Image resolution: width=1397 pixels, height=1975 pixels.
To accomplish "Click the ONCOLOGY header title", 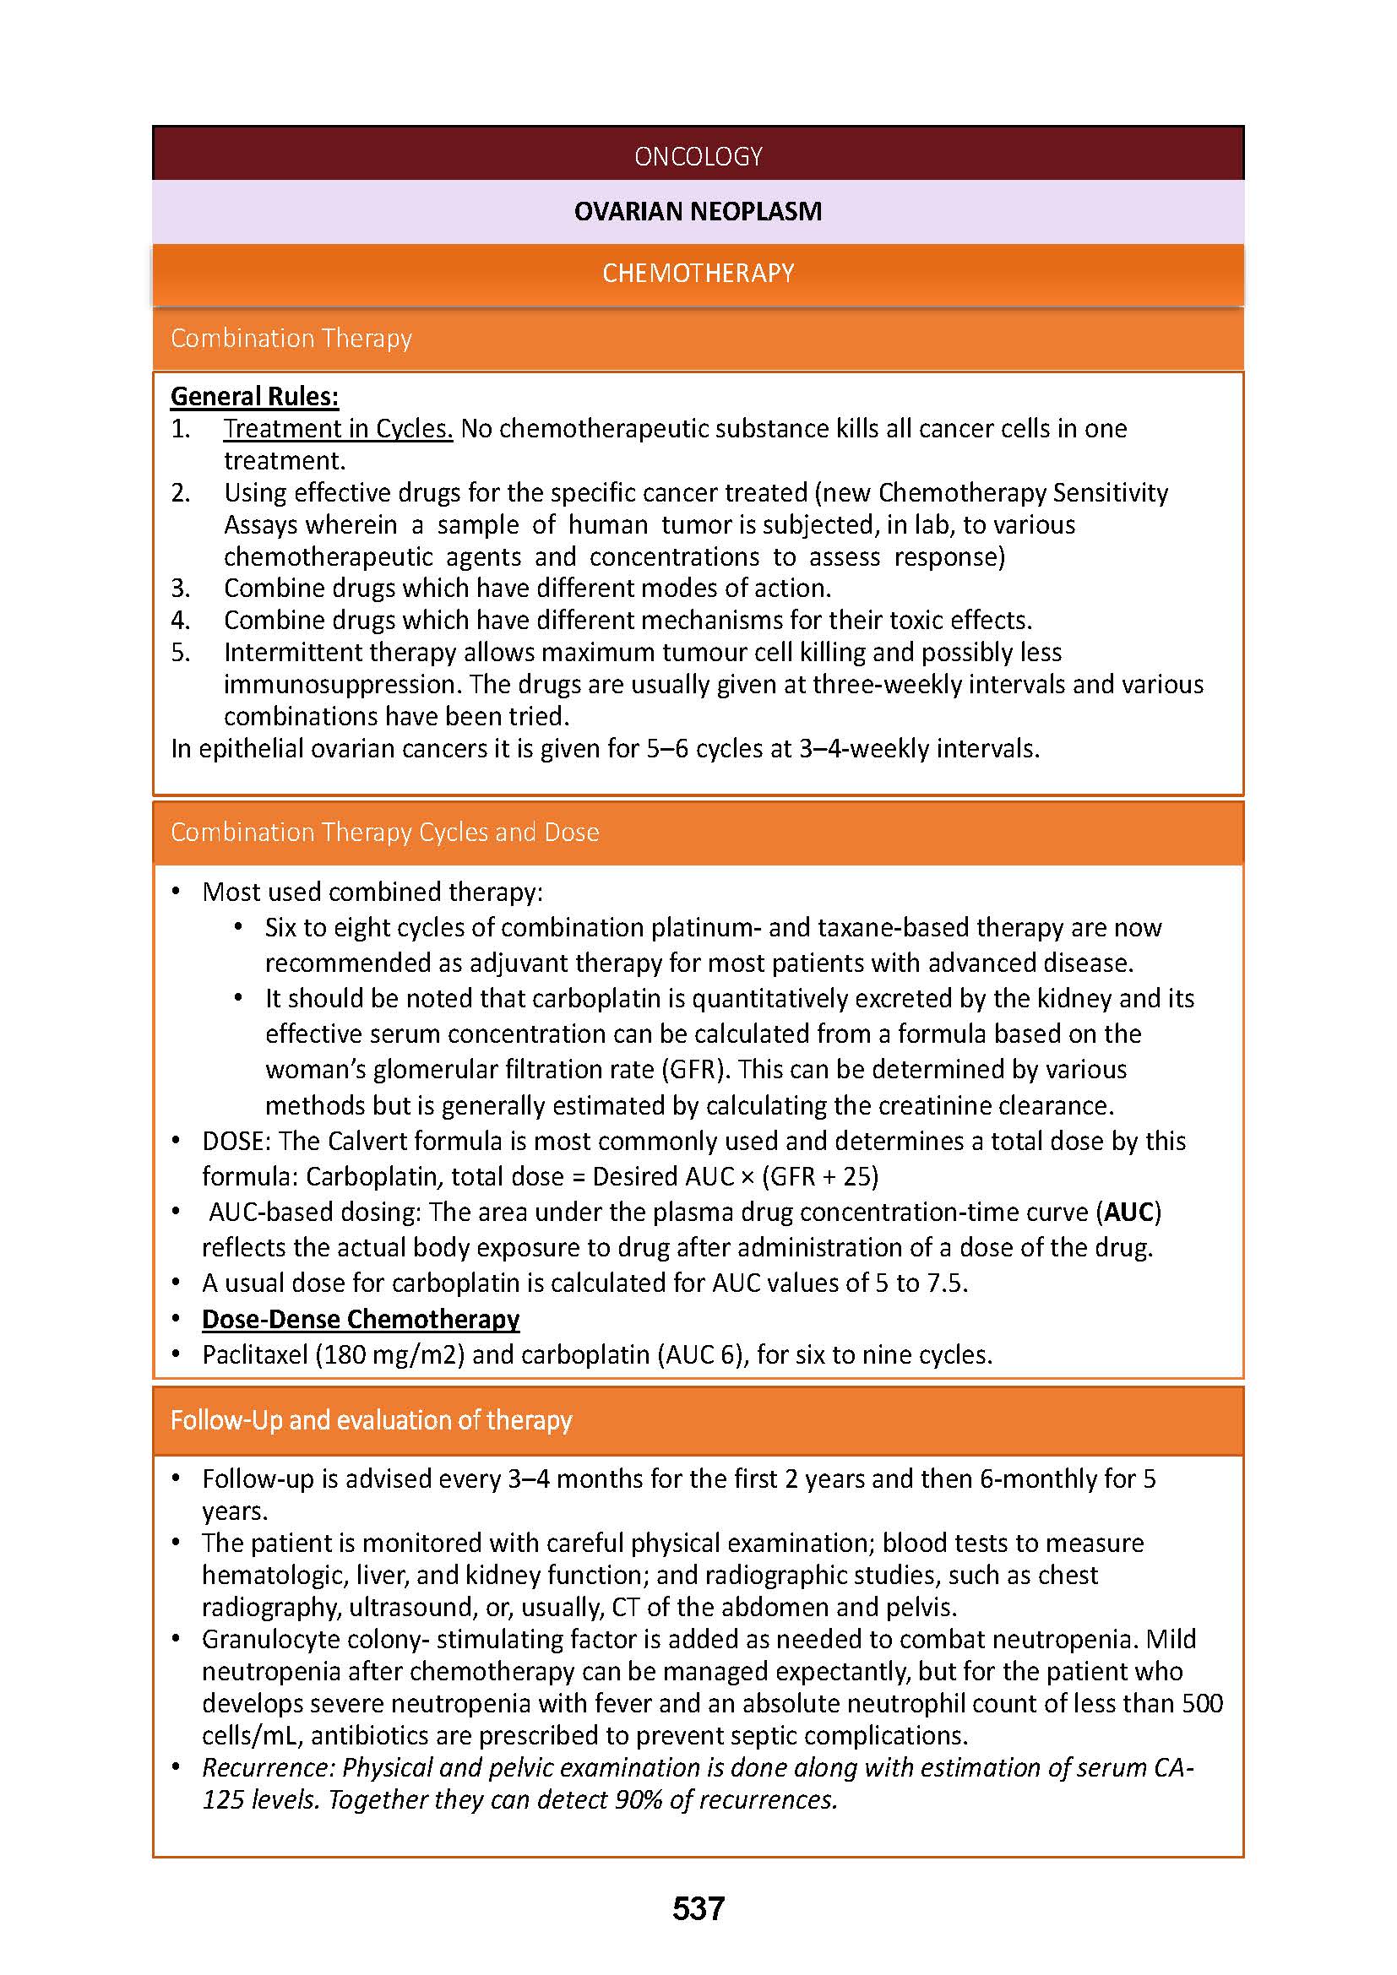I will (698, 155).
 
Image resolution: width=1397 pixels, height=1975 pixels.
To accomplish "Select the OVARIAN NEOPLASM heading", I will (698, 211).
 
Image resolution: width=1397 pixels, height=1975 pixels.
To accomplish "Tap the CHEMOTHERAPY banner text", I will (698, 273).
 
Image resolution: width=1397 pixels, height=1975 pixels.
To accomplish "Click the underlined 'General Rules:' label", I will (254, 396).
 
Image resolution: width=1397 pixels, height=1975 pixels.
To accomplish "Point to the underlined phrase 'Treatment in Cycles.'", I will (338, 428).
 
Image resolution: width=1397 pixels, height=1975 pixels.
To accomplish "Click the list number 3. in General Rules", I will (180, 589).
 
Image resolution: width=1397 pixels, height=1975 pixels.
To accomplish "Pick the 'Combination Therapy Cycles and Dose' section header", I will (384, 832).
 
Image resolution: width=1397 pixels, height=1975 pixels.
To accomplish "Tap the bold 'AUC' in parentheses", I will (1128, 1212).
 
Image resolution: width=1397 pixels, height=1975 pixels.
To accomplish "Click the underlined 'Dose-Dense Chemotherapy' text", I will (361, 1319).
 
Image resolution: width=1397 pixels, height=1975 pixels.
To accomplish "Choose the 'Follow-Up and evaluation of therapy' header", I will (371, 1420).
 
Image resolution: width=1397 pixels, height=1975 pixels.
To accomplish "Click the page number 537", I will (698, 1909).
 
